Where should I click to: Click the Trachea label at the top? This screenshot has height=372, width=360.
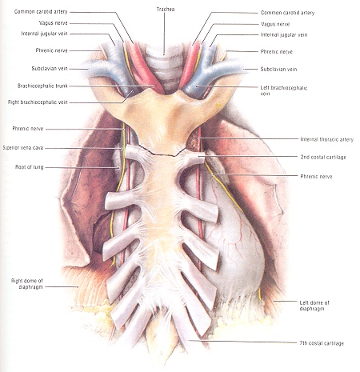coord(166,10)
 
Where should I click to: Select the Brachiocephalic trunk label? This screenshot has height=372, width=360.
coord(42,86)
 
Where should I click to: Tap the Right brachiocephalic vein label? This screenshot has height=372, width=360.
coord(38,102)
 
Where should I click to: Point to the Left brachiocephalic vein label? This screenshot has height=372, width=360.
coord(284,90)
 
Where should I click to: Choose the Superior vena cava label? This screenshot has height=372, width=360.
coord(23,148)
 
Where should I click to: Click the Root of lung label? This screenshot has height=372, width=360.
coord(29,167)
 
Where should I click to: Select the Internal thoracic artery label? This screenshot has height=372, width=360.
coord(327,139)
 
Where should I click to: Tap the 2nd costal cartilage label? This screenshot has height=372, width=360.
coord(323,157)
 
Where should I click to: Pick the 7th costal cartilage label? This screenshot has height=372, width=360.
coord(322,343)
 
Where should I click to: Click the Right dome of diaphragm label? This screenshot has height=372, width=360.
coord(27,284)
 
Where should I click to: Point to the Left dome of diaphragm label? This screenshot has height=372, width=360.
coord(314,306)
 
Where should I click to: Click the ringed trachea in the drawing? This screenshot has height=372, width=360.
coord(165,70)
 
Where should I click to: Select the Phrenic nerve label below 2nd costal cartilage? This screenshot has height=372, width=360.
coord(316,176)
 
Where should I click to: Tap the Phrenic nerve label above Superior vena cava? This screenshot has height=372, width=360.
coord(28,129)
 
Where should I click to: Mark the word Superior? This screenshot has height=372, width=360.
coord(11,148)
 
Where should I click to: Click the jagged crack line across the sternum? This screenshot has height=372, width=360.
coord(162,151)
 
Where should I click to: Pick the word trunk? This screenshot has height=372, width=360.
coord(62,86)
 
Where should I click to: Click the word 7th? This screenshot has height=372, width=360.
coord(304,343)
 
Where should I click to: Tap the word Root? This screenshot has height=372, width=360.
coord(20,167)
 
